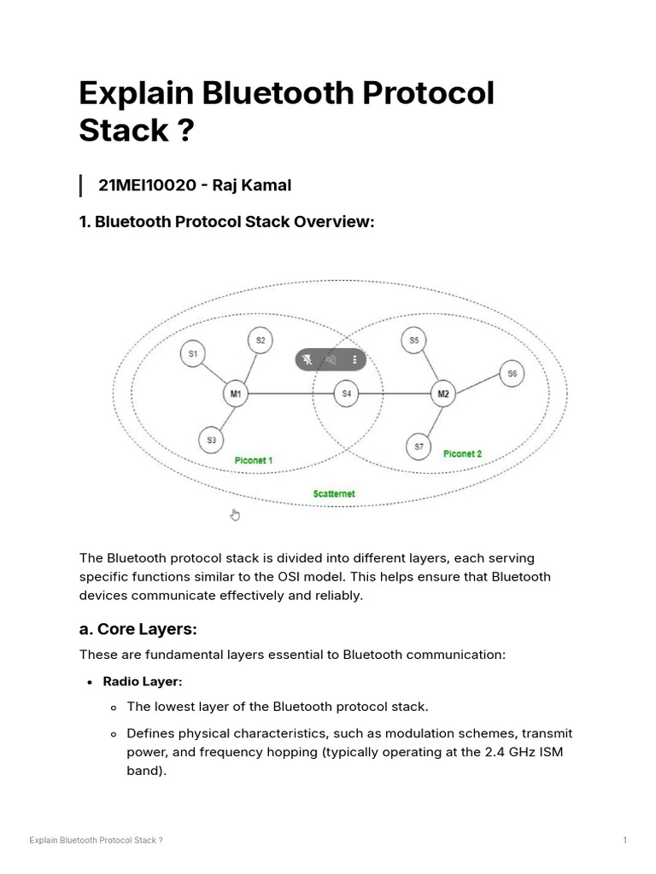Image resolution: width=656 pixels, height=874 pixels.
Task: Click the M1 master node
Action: [236, 393]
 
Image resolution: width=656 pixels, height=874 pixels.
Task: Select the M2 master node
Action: [442, 393]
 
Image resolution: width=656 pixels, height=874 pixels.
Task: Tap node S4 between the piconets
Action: [346, 393]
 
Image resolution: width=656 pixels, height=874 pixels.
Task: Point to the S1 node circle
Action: [193, 353]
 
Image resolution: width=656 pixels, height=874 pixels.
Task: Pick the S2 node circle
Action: [261, 341]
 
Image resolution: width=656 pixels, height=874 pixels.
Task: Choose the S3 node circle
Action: [212, 440]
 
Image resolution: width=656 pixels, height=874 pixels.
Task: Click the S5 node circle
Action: [413, 341]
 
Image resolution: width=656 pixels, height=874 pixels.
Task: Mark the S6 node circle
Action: [512, 374]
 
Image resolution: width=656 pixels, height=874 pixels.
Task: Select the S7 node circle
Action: [419, 446]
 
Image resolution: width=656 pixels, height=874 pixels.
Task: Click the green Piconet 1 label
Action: [254, 461]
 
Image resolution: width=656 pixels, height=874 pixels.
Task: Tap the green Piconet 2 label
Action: [462, 454]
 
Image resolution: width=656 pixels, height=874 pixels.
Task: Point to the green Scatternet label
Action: [333, 494]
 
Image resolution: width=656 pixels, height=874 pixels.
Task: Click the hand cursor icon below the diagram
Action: [236, 514]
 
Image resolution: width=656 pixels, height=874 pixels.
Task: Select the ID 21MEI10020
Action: [145, 185]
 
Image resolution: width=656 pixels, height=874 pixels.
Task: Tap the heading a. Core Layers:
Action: [138, 629]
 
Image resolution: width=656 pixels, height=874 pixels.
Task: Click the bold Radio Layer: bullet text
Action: [143, 681]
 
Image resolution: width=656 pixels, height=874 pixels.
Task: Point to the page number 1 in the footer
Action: [625, 841]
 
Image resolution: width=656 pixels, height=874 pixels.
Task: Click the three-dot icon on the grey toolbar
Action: [354, 360]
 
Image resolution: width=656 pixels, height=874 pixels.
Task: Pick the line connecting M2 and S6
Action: [477, 384]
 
